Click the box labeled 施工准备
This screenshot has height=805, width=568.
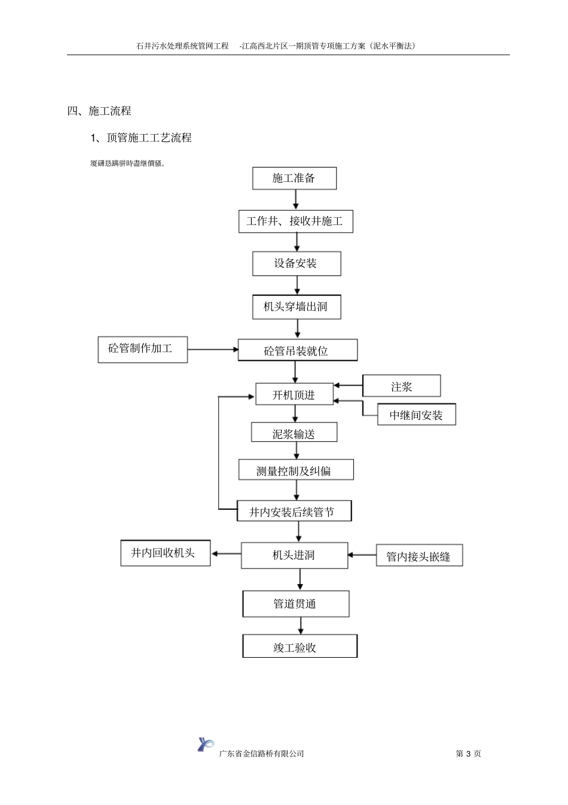pos(294,178)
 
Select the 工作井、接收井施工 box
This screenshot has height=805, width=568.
pos(295,221)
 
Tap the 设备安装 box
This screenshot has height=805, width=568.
pos(296,264)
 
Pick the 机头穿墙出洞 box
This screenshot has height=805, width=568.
pos(297,307)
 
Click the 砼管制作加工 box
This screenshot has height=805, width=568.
pos(142,349)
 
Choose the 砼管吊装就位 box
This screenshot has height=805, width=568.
pos(297,351)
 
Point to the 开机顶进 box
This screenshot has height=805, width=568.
pos(294,394)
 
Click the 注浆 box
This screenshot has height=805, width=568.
pos(401,386)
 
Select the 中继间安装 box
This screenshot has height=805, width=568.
pos(416,415)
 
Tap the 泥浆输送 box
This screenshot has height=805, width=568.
pos(294,433)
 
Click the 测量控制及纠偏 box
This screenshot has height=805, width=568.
pos(296,470)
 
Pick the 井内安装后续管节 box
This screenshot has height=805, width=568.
pos(294,511)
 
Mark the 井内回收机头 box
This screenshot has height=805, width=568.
pos(163,553)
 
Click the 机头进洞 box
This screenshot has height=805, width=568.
pos(294,555)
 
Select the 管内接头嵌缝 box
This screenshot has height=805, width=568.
pos(419,556)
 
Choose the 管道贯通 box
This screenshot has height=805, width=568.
pos(295,604)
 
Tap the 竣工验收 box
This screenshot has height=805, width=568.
pos(300,646)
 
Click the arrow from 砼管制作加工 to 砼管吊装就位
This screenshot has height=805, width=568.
pos(212,350)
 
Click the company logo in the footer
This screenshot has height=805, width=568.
pos(205,745)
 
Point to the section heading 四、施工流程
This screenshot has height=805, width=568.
pos(99,111)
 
